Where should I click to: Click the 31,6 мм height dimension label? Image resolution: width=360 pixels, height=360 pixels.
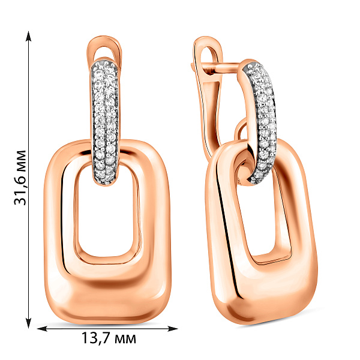pyautogui.click(x=20, y=178)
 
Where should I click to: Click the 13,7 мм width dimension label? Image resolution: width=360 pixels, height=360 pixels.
pyautogui.click(x=109, y=338)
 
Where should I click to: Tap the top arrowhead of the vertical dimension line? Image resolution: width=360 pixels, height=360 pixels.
pyautogui.click(x=28, y=36)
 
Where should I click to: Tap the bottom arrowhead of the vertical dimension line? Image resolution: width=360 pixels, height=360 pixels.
pyautogui.click(x=28, y=323)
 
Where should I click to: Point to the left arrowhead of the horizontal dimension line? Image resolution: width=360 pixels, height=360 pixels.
pyautogui.click(x=42, y=329)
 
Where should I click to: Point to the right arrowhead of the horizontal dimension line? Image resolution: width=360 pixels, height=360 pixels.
pyautogui.click(x=173, y=329)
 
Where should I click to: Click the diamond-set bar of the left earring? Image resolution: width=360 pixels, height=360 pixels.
pyautogui.click(x=106, y=122)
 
